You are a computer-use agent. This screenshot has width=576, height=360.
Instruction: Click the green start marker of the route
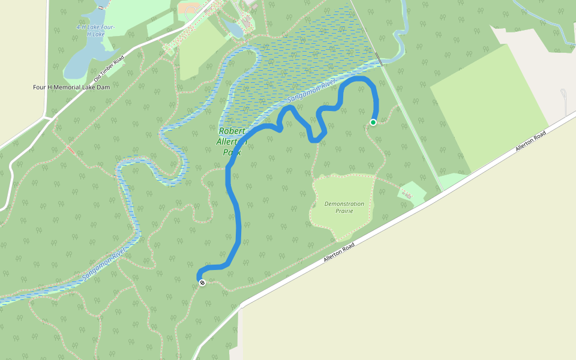pos(373,122)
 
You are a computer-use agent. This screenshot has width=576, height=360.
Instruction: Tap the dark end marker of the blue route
pos(202,283)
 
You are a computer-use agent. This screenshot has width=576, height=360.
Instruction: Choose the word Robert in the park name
pos(232,131)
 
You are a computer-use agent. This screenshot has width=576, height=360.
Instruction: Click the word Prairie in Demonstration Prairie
pos(344,211)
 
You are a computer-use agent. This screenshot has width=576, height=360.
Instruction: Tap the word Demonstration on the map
pos(344,204)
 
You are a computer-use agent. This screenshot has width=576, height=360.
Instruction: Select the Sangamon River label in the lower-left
pos(104,265)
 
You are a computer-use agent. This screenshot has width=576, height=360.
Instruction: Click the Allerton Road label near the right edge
pos(532,142)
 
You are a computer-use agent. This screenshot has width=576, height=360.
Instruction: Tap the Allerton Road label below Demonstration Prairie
pos(340,252)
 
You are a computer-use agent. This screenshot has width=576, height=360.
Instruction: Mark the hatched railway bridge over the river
pos(379,58)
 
